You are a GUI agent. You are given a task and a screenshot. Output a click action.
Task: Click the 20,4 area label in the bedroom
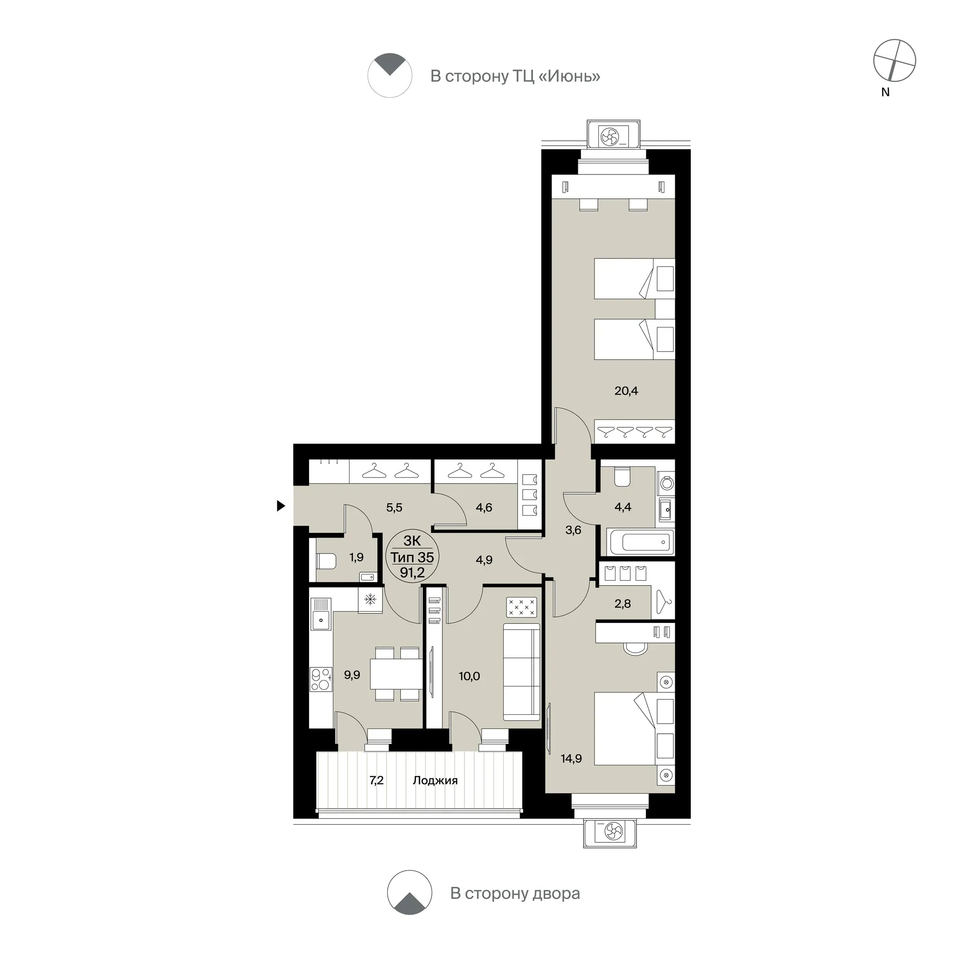[626, 391]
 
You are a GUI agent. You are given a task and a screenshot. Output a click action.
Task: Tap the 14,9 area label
[571, 759]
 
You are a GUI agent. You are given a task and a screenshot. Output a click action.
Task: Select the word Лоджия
[435, 780]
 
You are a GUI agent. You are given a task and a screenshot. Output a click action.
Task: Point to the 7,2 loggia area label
[376, 780]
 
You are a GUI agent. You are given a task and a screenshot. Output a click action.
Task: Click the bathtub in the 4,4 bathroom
[640, 542]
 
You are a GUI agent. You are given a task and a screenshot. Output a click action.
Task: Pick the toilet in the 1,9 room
[326, 561]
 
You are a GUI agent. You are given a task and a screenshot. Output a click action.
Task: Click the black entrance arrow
[281, 506]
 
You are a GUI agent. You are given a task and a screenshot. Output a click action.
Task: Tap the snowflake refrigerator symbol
[370, 599]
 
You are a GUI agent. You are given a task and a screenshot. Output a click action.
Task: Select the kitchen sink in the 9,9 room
[321, 614]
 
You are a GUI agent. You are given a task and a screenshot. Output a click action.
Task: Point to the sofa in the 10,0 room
[522, 672]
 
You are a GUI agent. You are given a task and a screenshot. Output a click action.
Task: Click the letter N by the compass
[885, 92]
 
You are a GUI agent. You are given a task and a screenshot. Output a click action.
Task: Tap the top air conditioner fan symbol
[610, 136]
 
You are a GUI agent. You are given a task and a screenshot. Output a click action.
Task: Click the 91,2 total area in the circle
[412, 572]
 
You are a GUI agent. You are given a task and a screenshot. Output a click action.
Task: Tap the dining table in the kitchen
[396, 673]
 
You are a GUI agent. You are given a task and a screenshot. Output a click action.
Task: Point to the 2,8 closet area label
[622, 604]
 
